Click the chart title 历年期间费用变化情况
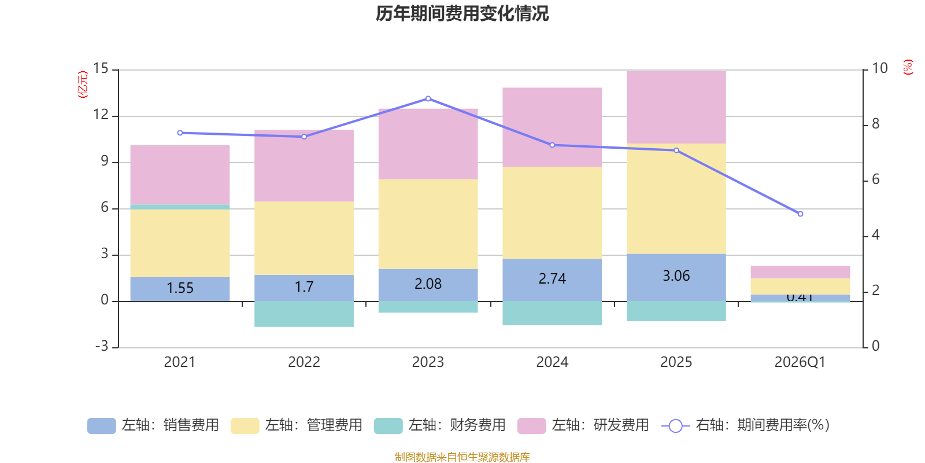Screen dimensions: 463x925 [x=462, y=13]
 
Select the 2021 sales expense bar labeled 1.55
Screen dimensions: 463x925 [x=180, y=288]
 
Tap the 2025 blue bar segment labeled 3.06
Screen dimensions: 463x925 [x=676, y=277]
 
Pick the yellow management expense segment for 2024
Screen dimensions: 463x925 [x=552, y=212]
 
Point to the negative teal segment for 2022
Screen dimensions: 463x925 [x=304, y=314]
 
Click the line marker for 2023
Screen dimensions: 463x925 [x=428, y=98]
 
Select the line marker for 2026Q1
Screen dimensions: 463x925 [x=800, y=214]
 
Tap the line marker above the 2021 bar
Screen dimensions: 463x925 [x=180, y=133]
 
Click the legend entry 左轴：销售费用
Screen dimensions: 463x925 [x=153, y=425]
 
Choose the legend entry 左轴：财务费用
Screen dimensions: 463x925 [x=440, y=425]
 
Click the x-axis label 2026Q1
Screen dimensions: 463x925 [x=800, y=362]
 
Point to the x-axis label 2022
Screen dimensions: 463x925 [x=304, y=362]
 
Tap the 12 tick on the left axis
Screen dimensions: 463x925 [x=101, y=115]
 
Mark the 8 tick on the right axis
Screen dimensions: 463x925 [x=875, y=124]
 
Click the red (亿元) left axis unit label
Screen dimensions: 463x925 [x=83, y=84]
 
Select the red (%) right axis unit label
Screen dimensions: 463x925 [x=908, y=67]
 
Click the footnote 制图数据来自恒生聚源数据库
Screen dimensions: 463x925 [x=462, y=457]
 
